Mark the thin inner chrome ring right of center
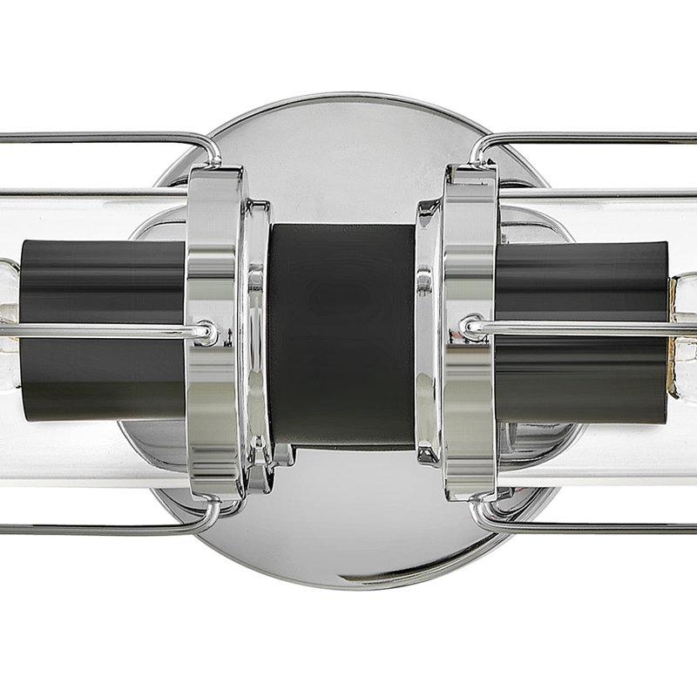click(426, 331)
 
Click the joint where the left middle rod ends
click(205, 332)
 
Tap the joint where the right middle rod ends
click(473, 328)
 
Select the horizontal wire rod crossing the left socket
click(96, 330)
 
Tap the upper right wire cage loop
click(592, 137)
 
